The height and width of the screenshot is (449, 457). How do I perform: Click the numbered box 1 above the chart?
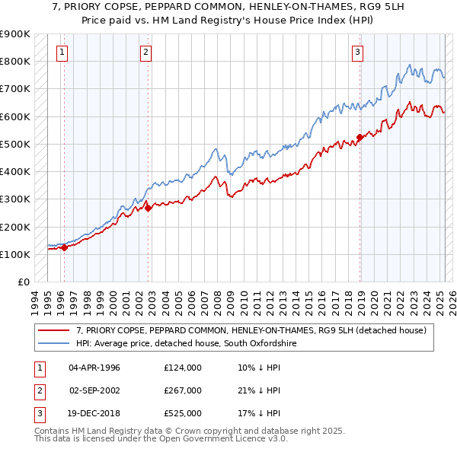(62, 53)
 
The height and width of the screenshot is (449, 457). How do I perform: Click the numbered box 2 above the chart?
(145, 53)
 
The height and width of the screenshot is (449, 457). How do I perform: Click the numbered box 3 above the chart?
(357, 53)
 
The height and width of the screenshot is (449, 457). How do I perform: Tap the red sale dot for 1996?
(65, 247)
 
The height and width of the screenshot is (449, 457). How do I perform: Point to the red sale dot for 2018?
(360, 138)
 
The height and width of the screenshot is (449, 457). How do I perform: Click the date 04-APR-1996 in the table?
(94, 368)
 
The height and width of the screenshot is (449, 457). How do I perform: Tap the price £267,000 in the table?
(183, 390)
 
